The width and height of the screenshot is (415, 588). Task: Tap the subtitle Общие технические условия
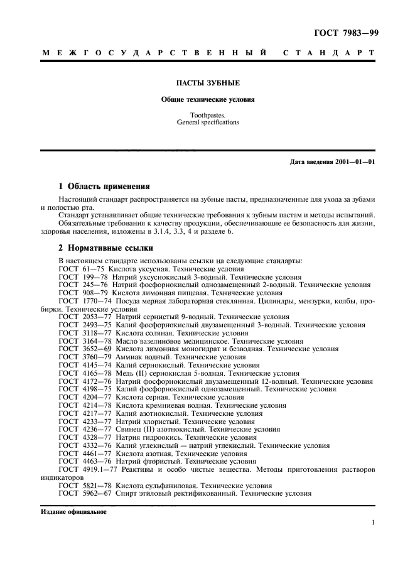tap(207, 99)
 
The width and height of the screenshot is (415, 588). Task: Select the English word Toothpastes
tap(207, 116)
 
